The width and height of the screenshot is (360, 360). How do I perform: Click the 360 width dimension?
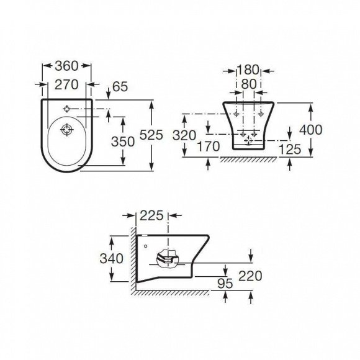(x=67, y=66)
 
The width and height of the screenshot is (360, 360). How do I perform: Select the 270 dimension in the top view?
(x=66, y=85)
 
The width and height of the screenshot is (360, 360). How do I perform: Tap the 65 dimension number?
(x=120, y=87)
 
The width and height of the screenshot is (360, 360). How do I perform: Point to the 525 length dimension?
(x=151, y=135)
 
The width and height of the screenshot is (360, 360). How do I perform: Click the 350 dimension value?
(x=123, y=142)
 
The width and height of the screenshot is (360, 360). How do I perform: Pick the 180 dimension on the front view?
(x=248, y=70)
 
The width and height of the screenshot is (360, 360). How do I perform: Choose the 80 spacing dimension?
(x=249, y=84)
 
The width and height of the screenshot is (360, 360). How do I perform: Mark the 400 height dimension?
(x=311, y=130)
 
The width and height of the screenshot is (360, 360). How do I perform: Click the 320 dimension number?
(x=184, y=135)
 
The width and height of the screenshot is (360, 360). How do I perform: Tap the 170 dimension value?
(x=209, y=146)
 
